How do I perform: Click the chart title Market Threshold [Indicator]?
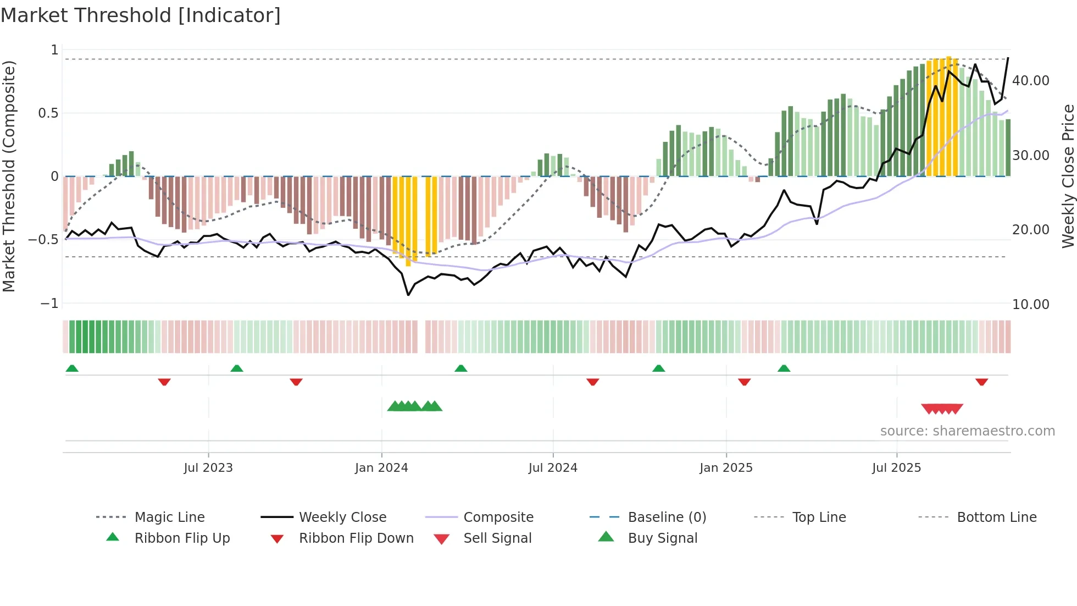pos(141,15)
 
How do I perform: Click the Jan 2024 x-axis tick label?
pos(381,468)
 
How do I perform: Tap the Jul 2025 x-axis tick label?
pos(896,468)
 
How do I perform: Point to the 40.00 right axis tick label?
pos(1030,81)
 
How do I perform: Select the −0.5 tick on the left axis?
pos(43,240)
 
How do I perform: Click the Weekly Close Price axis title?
pos(1068,176)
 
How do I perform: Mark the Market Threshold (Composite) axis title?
pos(9,176)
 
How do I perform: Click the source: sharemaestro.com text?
pos(967,431)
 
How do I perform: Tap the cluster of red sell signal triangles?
pos(942,409)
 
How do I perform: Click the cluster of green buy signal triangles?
pos(414,406)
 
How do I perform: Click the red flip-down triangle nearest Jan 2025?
pos(744,382)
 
